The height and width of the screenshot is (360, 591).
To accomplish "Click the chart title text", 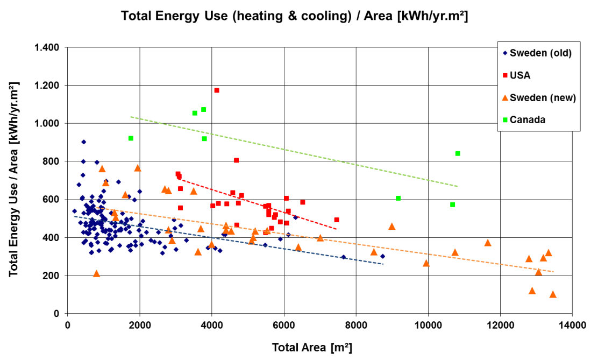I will (x=294, y=16).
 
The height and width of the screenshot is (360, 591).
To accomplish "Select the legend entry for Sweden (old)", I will (x=540, y=53).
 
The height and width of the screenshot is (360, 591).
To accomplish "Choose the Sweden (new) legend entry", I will (x=543, y=97).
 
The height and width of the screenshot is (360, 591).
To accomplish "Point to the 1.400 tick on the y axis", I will (x=47, y=47).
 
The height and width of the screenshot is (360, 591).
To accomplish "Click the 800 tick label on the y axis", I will (x=51, y=161).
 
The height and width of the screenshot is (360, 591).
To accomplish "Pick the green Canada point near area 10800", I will (x=458, y=153).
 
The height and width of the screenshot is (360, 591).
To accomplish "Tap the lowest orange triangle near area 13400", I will (x=553, y=294).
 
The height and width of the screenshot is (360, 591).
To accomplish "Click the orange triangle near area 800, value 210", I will (x=97, y=274).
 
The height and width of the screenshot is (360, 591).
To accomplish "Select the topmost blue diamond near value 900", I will (x=84, y=142).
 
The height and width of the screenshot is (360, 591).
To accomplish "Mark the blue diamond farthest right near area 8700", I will (x=382, y=256).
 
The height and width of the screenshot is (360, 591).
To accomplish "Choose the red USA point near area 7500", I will (x=337, y=220).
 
